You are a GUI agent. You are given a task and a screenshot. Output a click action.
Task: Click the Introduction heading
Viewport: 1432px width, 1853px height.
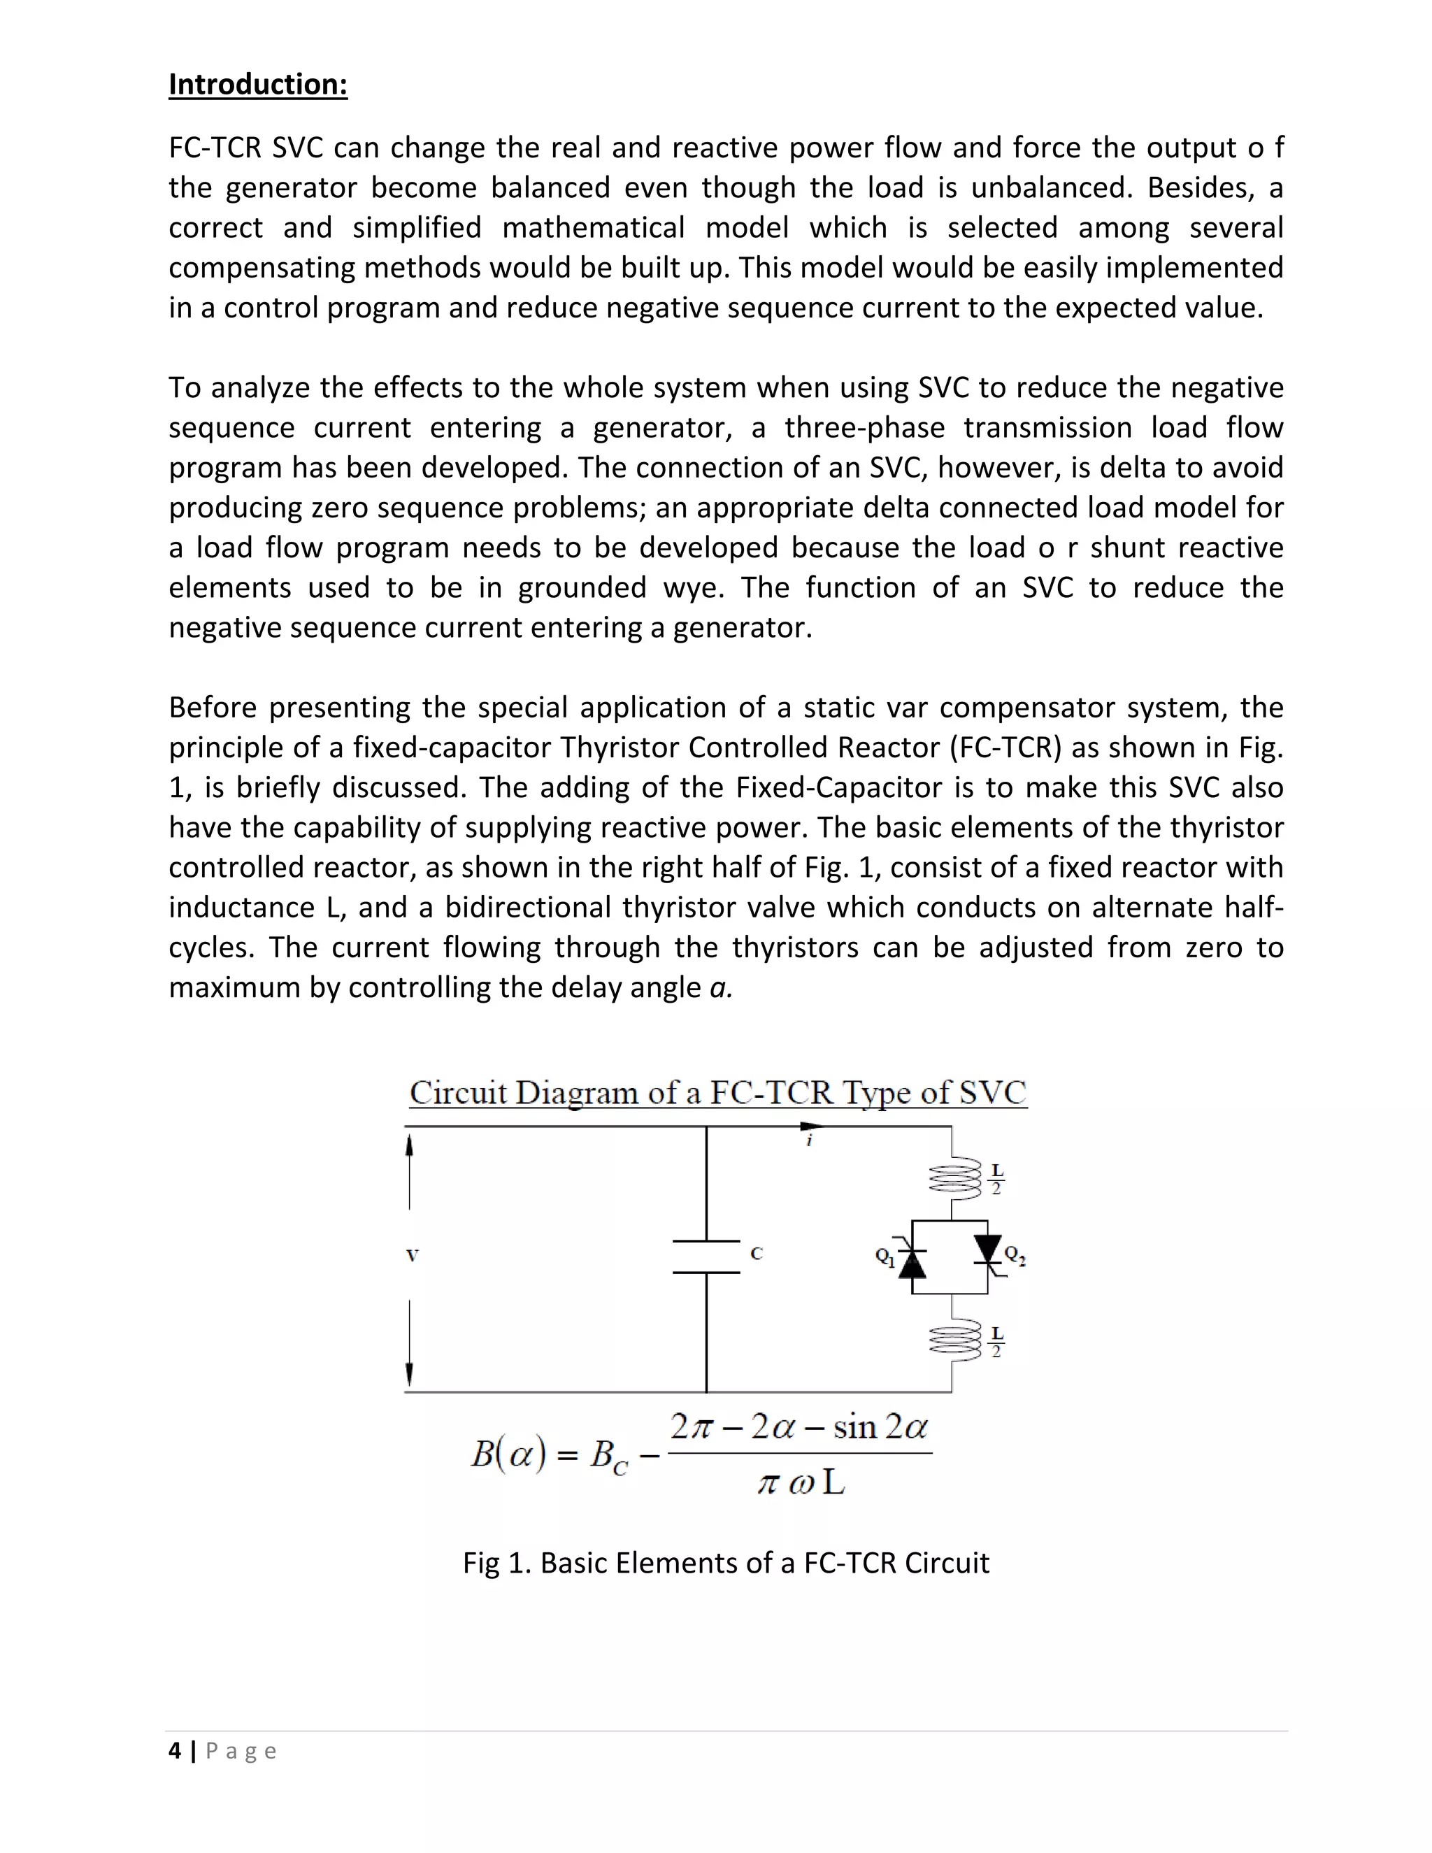coord(258,84)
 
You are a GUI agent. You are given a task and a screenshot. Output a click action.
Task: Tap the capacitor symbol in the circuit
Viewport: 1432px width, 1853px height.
coord(706,1257)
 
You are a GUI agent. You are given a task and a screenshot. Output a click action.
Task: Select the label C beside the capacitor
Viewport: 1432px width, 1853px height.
coord(757,1253)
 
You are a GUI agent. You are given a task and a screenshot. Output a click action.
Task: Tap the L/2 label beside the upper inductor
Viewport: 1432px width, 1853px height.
coord(997,1180)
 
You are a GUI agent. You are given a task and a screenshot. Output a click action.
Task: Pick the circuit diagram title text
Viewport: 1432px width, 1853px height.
coord(717,1093)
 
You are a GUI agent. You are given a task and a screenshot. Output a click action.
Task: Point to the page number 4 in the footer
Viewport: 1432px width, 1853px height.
coord(175,1751)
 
